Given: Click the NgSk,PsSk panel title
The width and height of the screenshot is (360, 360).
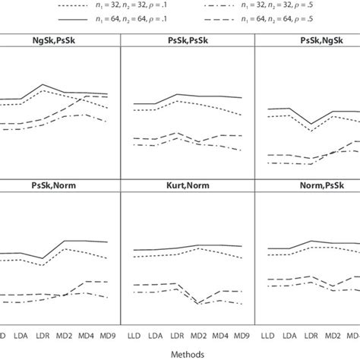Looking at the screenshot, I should tap(58, 40).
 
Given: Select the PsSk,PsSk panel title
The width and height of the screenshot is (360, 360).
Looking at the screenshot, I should tap(188, 40).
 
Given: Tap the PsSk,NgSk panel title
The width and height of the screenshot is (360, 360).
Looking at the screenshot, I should tap(314, 40).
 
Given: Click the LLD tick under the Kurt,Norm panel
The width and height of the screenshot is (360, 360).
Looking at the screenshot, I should tap(135, 334).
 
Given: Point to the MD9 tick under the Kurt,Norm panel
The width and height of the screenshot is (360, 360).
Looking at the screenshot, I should tap(242, 334).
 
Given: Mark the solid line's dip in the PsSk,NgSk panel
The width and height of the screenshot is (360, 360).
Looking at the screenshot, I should tap(310, 124).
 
